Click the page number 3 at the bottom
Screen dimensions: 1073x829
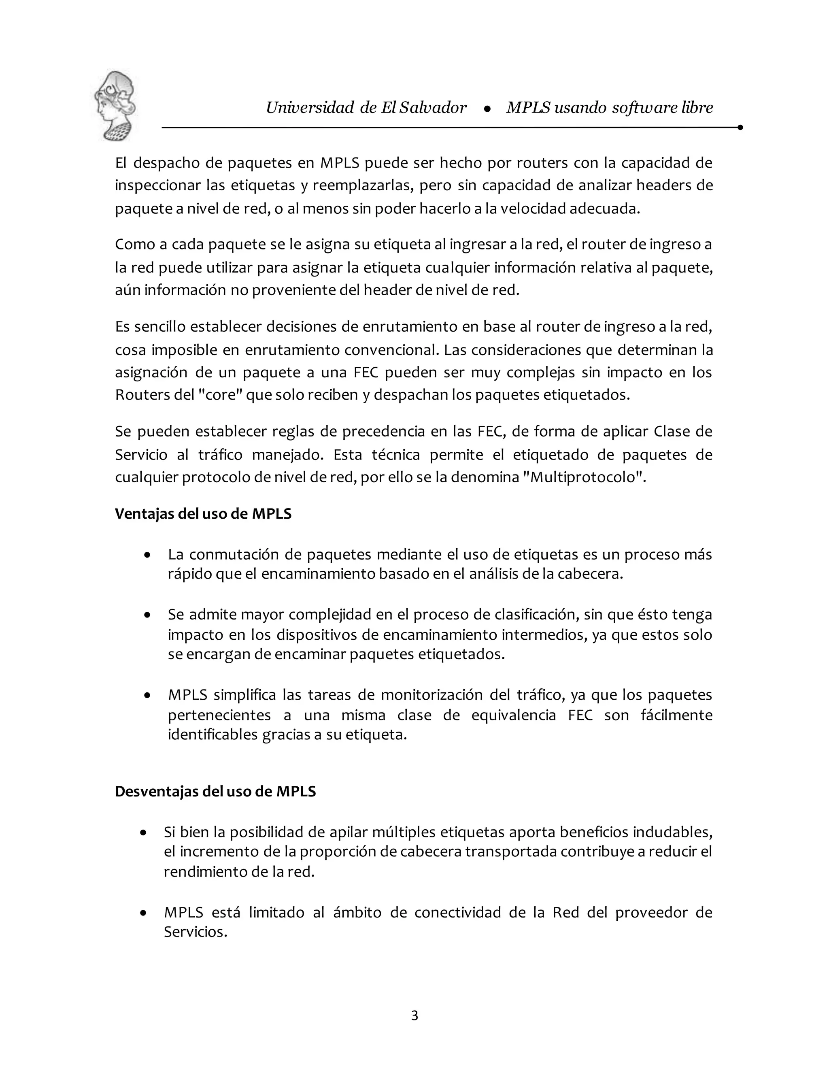point(414,1015)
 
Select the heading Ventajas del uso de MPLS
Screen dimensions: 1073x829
point(203,513)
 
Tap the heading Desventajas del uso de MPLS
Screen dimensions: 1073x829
point(215,792)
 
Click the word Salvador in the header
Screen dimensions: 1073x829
point(433,108)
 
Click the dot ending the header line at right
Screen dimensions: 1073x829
point(740,128)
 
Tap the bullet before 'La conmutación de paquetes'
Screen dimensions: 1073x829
point(147,555)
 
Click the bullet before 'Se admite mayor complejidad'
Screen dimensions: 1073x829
point(147,615)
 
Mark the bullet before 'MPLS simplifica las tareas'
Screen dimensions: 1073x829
point(147,696)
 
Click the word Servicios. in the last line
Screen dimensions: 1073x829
point(196,932)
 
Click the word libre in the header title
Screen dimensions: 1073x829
point(697,108)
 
